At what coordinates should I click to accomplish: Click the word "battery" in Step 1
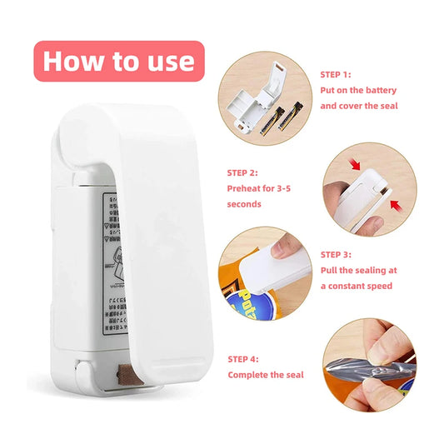381,90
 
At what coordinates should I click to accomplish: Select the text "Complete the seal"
265,375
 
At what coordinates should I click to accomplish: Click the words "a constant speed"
357,286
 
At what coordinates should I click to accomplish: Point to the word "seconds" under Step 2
244,204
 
